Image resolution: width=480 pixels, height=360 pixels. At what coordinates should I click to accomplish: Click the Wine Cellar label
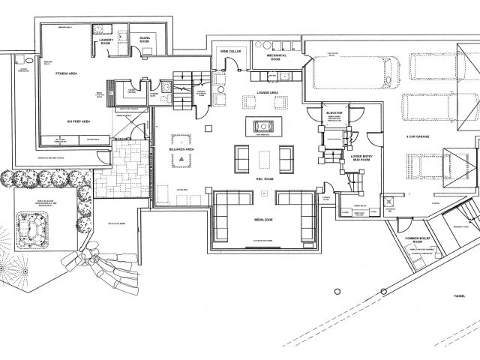(x=229, y=52)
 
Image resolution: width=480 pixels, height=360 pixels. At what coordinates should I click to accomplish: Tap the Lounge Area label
(x=268, y=92)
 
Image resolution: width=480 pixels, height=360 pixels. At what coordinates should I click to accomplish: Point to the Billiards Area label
(x=181, y=150)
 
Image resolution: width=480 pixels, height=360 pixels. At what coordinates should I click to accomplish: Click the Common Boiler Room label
(x=418, y=241)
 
